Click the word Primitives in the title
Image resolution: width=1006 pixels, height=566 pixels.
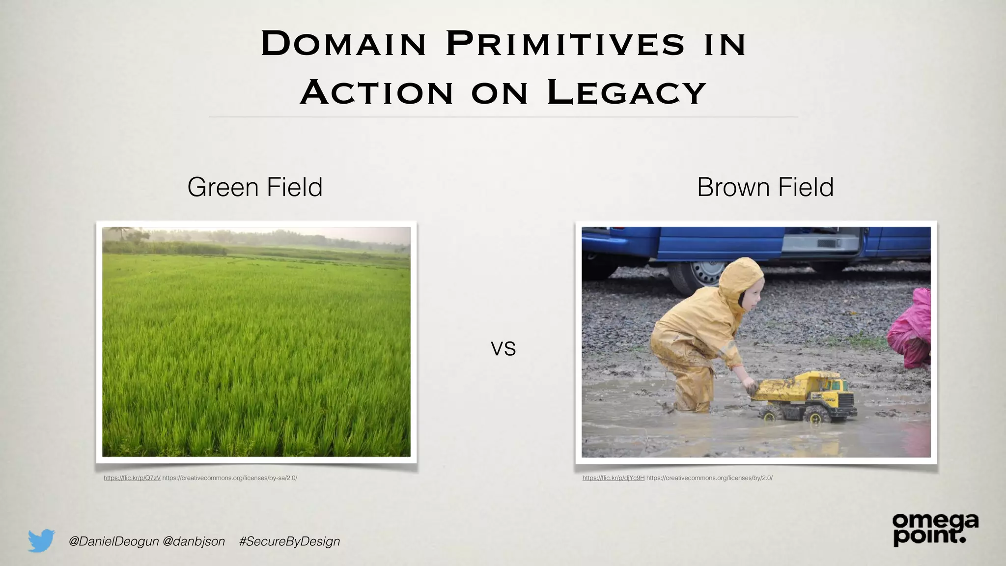point(565,44)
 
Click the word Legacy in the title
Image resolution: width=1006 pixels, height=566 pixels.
point(626,92)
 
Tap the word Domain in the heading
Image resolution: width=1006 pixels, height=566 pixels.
point(343,44)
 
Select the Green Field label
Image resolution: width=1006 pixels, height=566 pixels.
point(255,187)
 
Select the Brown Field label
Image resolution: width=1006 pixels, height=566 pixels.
point(765,187)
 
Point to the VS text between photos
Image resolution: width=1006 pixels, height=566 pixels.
point(503,349)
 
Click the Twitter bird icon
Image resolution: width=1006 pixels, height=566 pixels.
point(41,540)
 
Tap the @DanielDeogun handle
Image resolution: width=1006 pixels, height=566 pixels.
point(114,541)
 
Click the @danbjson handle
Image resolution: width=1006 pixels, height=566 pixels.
point(194,541)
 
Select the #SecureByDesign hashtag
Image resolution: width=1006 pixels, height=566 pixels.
point(289,541)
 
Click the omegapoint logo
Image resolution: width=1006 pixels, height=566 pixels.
point(935,529)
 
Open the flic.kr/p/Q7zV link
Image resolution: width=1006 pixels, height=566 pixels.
point(132,478)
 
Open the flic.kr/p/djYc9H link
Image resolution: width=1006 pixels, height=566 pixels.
point(613,478)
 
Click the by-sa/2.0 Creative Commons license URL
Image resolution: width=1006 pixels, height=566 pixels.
point(229,478)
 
